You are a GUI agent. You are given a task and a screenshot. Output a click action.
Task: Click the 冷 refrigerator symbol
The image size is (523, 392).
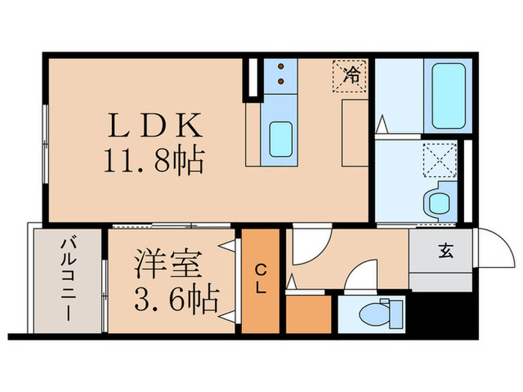pyautogui.click(x=349, y=75)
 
